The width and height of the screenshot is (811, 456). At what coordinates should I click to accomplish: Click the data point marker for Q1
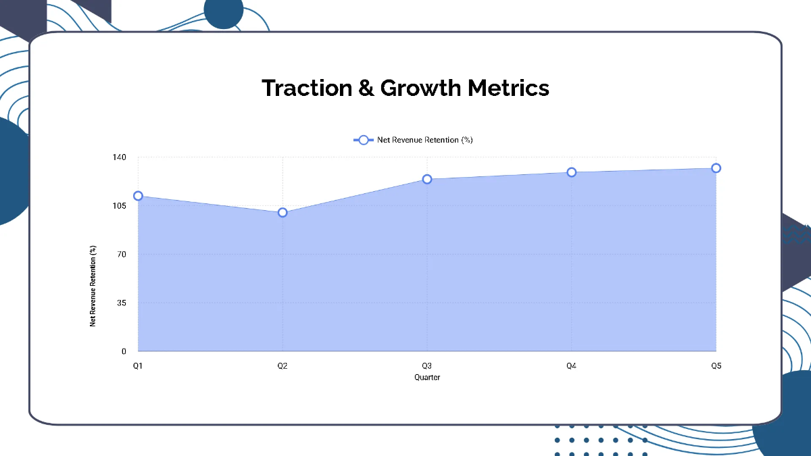pyautogui.click(x=138, y=196)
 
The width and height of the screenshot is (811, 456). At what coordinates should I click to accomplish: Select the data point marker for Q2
pyautogui.click(x=282, y=213)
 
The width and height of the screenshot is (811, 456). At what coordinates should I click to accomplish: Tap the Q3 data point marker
pyautogui.click(x=427, y=179)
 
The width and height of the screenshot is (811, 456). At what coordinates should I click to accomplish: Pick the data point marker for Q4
pyautogui.click(x=572, y=172)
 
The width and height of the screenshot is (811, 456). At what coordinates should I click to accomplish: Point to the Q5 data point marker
pyautogui.click(x=716, y=168)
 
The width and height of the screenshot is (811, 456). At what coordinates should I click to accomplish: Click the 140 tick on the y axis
pyautogui.click(x=120, y=157)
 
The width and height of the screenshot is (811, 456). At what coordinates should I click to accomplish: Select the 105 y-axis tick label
pyautogui.click(x=120, y=206)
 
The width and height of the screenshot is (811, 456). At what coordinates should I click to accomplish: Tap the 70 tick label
pyautogui.click(x=122, y=255)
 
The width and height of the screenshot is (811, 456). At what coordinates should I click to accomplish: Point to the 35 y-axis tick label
pyautogui.click(x=122, y=303)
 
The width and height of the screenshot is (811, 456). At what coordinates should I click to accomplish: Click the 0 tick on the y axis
pyautogui.click(x=124, y=352)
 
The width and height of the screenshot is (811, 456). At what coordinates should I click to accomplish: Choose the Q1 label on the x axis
pyautogui.click(x=138, y=366)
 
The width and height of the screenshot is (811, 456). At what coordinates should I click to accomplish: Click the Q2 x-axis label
pyautogui.click(x=282, y=366)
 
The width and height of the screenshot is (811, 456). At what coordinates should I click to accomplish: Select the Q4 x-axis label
pyautogui.click(x=572, y=366)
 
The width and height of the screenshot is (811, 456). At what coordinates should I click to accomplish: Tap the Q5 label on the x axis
pyautogui.click(x=716, y=366)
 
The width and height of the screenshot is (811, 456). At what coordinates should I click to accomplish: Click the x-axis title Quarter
pyautogui.click(x=427, y=378)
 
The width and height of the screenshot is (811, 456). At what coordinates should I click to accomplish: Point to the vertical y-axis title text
pyautogui.click(x=93, y=286)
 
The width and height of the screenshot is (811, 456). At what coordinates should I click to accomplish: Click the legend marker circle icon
pyautogui.click(x=364, y=140)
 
